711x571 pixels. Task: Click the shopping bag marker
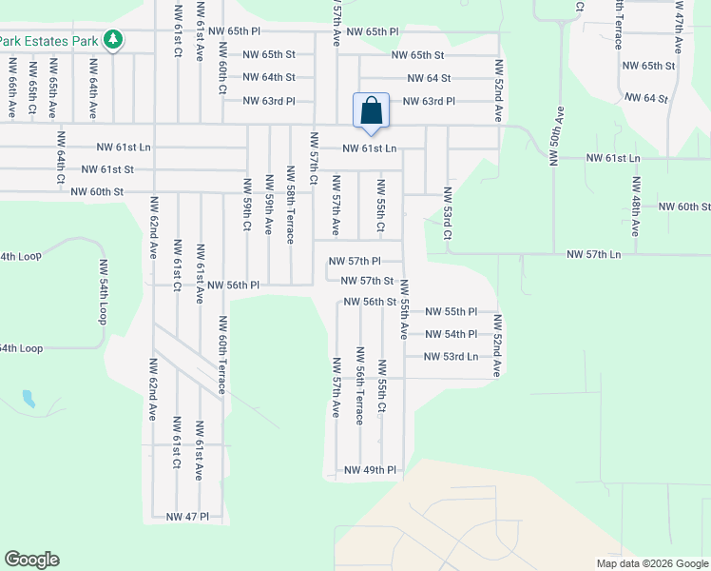click(x=371, y=110)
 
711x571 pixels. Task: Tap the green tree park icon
click(x=114, y=40)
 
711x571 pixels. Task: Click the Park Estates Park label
click(x=49, y=41)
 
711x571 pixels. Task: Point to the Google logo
click(x=31, y=560)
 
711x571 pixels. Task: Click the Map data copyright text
click(x=652, y=563)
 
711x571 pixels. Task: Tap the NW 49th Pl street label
click(x=370, y=470)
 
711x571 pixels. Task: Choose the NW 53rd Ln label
click(x=452, y=357)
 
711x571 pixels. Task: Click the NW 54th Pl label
click(x=451, y=334)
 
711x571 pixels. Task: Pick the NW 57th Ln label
click(x=593, y=254)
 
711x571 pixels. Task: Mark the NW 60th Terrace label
click(x=221, y=355)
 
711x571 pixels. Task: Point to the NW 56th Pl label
click(x=233, y=285)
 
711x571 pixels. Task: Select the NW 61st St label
click(x=107, y=169)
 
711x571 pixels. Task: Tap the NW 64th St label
click(x=269, y=77)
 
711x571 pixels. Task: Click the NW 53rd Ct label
click(x=447, y=214)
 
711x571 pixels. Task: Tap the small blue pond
click(x=29, y=398)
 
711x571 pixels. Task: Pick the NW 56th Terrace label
click(x=360, y=397)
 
